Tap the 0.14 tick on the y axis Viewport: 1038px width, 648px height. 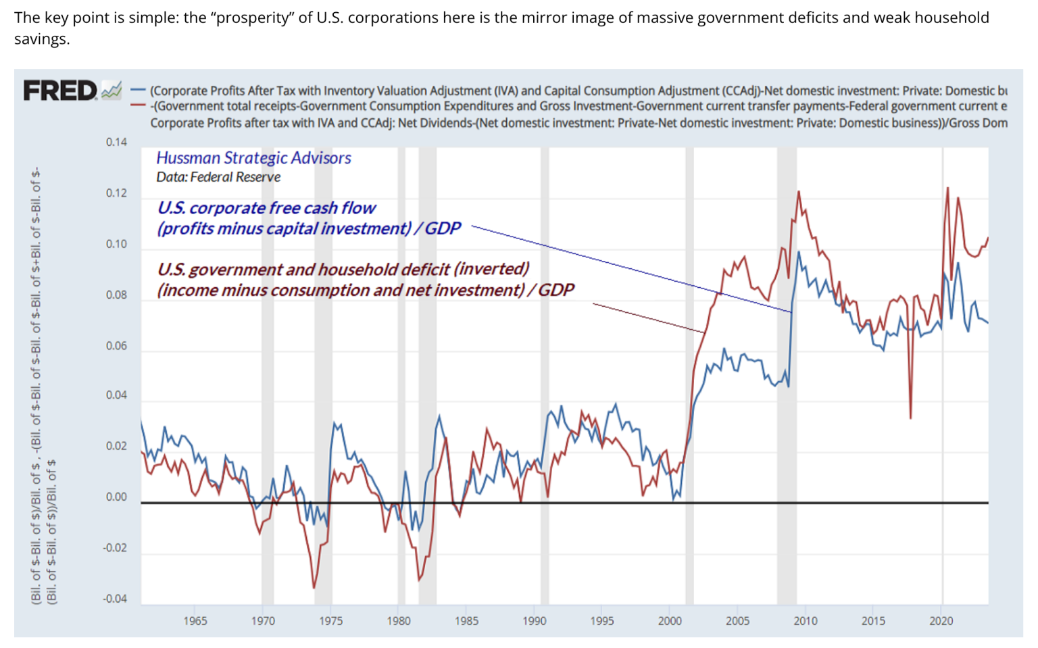116,142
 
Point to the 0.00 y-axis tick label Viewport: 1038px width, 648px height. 116,497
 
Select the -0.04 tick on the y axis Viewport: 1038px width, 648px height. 115,599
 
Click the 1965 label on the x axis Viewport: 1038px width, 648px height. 195,621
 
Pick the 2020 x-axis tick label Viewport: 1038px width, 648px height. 941,621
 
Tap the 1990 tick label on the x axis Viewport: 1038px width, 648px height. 534,621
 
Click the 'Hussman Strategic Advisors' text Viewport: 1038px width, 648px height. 253,158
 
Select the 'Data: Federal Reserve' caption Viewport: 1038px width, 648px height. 218,177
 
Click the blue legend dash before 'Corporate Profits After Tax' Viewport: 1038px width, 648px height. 139,91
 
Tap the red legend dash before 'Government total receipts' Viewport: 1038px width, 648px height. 139,105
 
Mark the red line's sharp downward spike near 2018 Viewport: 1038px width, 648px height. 910,417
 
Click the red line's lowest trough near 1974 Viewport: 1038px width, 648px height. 314,587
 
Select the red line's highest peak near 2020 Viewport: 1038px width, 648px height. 947,189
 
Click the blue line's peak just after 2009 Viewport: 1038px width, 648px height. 799,253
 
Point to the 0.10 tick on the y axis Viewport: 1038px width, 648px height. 116,244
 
